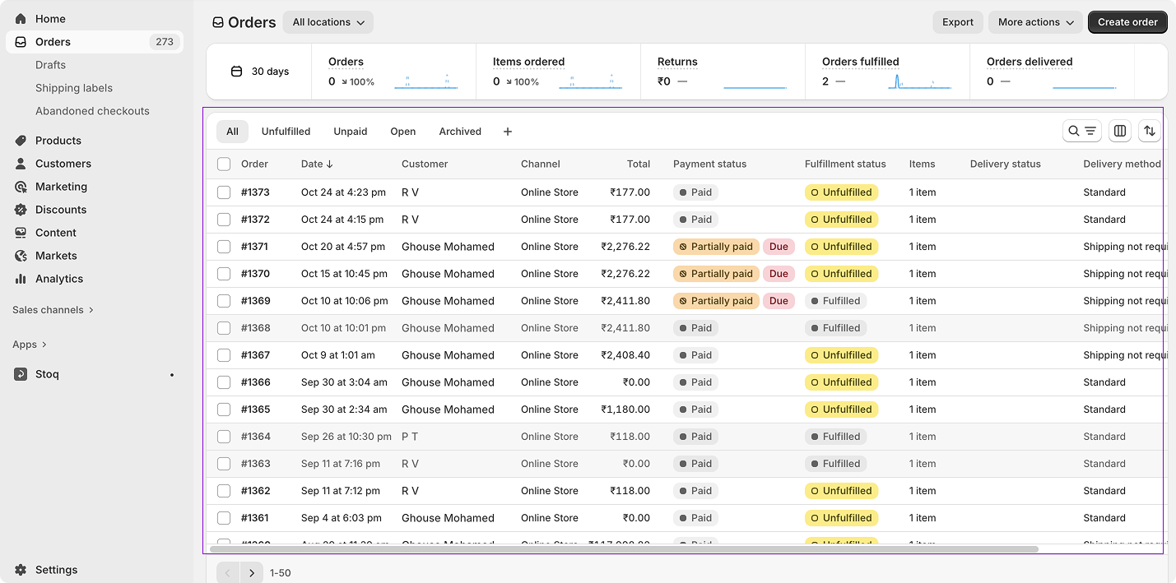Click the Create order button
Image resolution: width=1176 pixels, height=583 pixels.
pyautogui.click(x=1127, y=22)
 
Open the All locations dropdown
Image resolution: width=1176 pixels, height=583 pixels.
pyautogui.click(x=328, y=22)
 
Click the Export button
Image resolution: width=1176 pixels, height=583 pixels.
pyautogui.click(x=957, y=22)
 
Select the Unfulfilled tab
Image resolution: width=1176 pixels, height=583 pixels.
pyautogui.click(x=286, y=132)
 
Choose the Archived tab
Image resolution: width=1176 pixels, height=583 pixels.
pyautogui.click(x=459, y=132)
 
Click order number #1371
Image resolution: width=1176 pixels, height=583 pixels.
pyautogui.click(x=255, y=247)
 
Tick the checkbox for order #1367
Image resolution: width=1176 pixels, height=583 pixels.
pyautogui.click(x=224, y=355)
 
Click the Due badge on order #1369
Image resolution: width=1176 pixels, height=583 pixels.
pyautogui.click(x=778, y=301)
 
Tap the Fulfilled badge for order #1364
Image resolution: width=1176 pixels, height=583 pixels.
pyautogui.click(x=835, y=437)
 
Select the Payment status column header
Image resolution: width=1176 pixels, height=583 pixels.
pyautogui.click(x=709, y=164)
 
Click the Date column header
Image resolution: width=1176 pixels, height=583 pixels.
pyautogui.click(x=316, y=164)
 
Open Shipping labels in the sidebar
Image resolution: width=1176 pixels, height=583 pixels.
pyautogui.click(x=74, y=88)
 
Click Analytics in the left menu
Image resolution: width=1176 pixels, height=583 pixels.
pyautogui.click(x=59, y=279)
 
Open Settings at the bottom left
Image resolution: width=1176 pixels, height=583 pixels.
pyautogui.click(x=56, y=570)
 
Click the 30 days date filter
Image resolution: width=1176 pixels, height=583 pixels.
pyautogui.click(x=260, y=72)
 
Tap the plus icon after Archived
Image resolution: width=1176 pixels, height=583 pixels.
pyautogui.click(x=507, y=132)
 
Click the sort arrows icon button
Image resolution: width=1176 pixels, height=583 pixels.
pyautogui.click(x=1150, y=131)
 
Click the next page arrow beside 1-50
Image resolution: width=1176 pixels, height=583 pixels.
pyautogui.click(x=252, y=572)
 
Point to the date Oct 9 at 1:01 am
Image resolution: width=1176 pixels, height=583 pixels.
pyautogui.click(x=337, y=355)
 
